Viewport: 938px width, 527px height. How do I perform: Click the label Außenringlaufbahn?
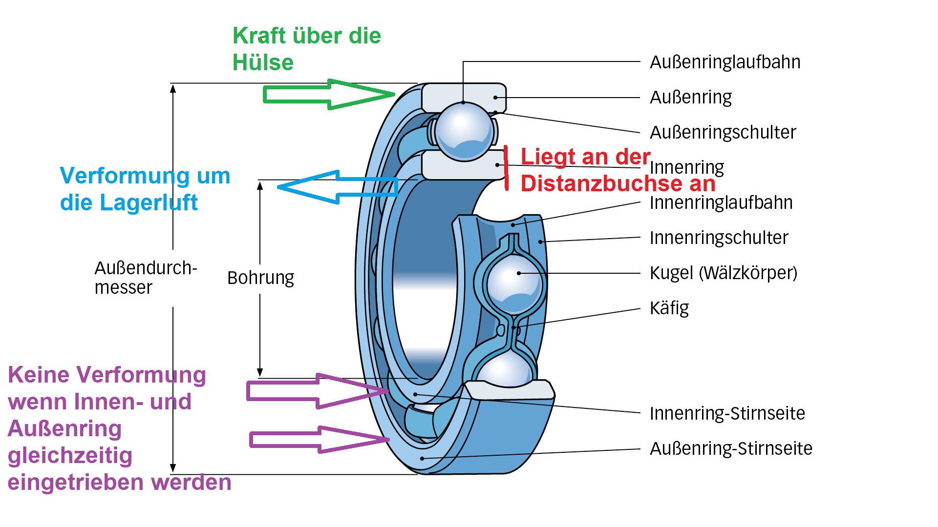[x=725, y=62]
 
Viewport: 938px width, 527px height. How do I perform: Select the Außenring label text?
[x=691, y=98]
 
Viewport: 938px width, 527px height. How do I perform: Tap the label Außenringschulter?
[x=723, y=133]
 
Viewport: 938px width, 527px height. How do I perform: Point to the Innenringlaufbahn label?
[x=721, y=203]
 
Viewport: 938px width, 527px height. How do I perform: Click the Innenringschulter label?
[x=719, y=238]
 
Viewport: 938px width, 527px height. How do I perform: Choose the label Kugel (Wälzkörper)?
[x=723, y=273]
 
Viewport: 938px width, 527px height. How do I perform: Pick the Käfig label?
[x=669, y=308]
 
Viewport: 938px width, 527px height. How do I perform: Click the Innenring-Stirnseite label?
[x=727, y=414]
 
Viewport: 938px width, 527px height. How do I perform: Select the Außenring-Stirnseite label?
[x=731, y=449]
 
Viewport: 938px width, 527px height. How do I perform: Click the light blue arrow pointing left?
[x=337, y=187]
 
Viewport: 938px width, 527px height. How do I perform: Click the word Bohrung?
[x=261, y=278]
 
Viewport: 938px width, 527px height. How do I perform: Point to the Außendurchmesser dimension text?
[x=146, y=278]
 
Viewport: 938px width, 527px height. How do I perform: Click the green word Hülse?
[x=263, y=63]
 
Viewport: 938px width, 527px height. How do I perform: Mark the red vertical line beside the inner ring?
[x=507, y=167]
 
